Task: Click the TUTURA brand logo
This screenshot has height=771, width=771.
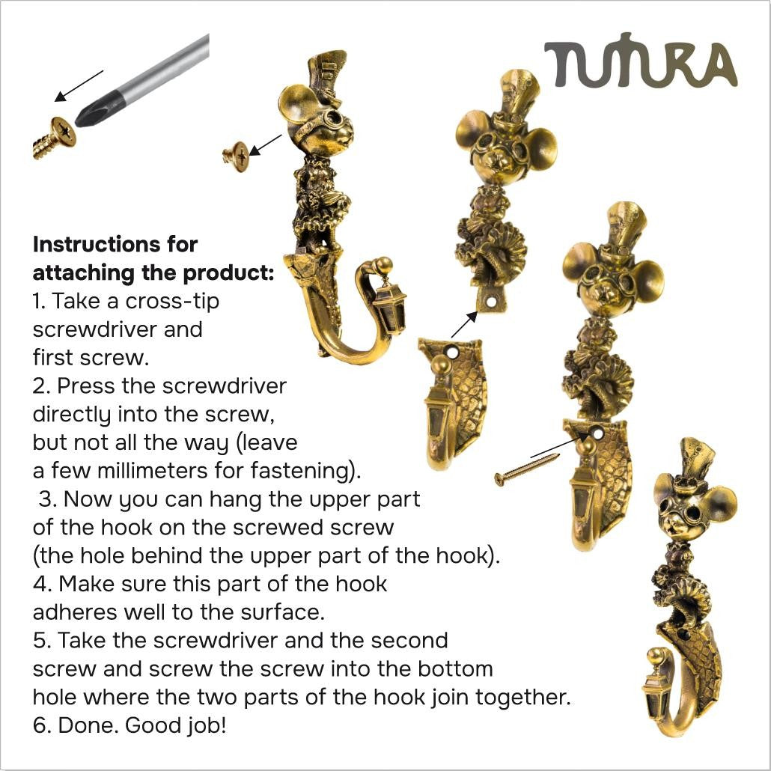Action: point(641,61)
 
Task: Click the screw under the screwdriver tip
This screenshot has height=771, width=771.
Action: point(54,138)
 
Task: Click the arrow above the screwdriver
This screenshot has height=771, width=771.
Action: point(79,86)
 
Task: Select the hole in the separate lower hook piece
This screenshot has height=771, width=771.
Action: point(451,352)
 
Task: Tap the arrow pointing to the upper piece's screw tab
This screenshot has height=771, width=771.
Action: point(465,324)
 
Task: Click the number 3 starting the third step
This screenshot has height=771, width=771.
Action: point(46,499)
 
